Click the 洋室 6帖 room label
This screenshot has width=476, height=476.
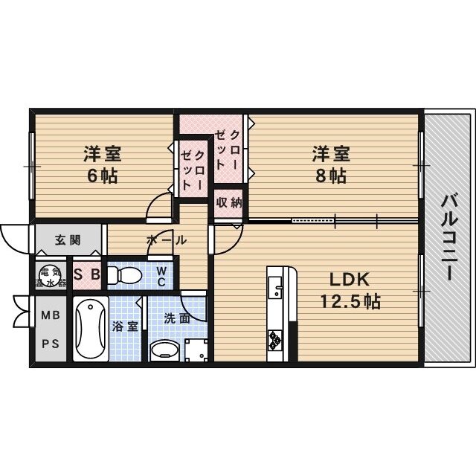click(x=103, y=164)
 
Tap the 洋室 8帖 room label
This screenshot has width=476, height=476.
click(x=331, y=164)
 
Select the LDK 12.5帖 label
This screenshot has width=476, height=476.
click(x=350, y=290)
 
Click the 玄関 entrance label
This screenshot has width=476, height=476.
click(x=68, y=240)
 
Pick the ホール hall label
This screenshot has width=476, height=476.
click(x=167, y=240)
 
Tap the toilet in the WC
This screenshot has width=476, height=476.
click(x=125, y=275)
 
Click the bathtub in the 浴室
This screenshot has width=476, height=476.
click(x=91, y=329)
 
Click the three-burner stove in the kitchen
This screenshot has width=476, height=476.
click(x=275, y=340)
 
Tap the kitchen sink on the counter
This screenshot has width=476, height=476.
click(x=276, y=288)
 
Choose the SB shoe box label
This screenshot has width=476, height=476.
click(x=87, y=274)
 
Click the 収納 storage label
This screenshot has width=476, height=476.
click(x=229, y=202)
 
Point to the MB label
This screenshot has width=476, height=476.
click(x=51, y=315)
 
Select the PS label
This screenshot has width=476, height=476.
click(x=51, y=344)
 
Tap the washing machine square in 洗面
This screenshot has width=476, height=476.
click(x=196, y=350)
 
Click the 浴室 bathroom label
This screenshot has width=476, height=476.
click(x=125, y=327)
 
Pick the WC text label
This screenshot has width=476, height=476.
click(x=161, y=276)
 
